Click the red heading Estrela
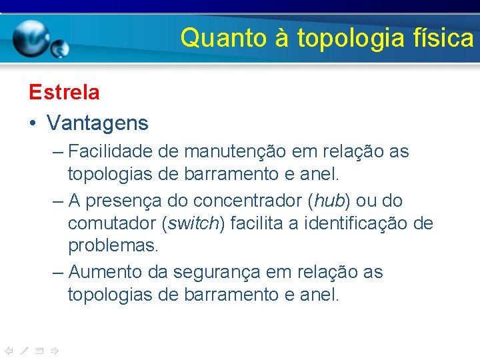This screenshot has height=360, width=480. (64, 92)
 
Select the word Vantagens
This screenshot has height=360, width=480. (97, 123)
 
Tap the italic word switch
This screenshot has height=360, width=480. (194, 223)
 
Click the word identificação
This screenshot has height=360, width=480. (355, 223)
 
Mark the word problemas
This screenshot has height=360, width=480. (113, 246)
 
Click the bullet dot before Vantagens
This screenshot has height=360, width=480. (32, 123)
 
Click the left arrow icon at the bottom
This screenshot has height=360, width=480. (8, 350)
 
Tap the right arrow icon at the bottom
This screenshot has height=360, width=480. (55, 350)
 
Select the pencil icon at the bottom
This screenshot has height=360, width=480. (24, 350)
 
